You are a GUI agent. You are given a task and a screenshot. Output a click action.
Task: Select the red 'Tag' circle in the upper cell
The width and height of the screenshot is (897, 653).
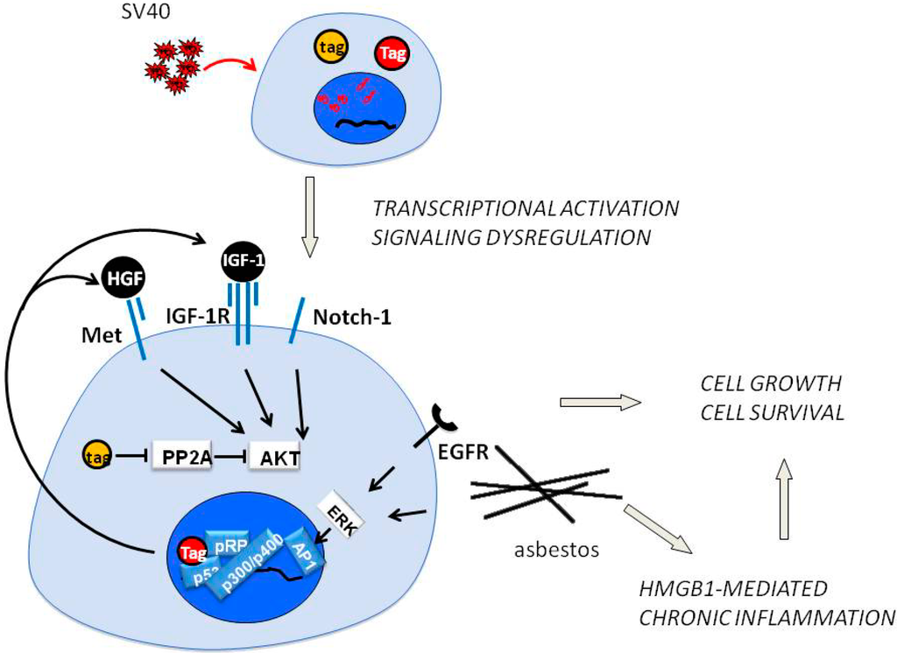click(x=394, y=54)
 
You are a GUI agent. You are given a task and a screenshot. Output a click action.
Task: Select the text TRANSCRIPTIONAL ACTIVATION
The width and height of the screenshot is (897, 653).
click(x=525, y=208)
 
